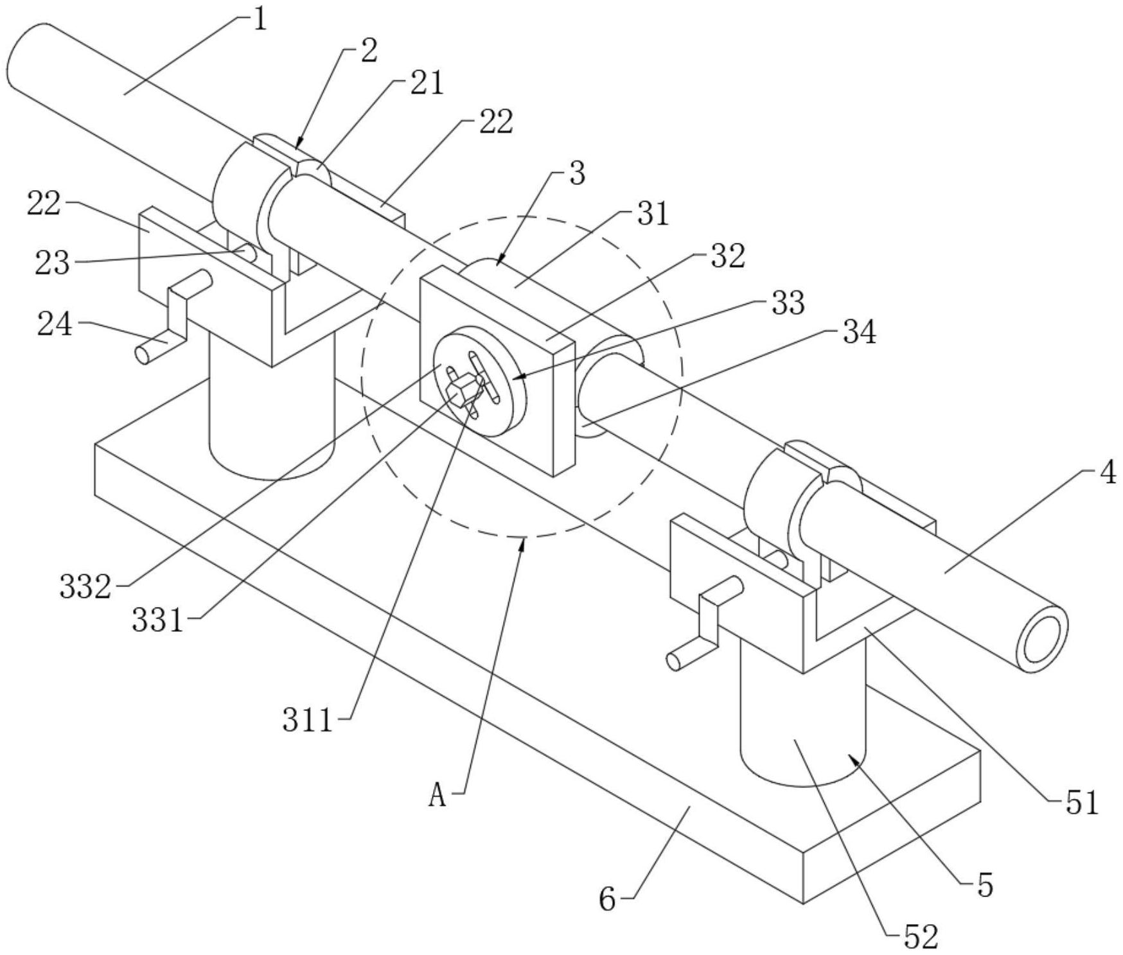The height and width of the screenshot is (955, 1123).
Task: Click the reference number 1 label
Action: (x=260, y=19)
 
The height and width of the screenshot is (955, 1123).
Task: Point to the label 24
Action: (x=55, y=325)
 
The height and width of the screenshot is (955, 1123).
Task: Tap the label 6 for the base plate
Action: (x=607, y=900)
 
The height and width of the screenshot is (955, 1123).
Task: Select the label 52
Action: (x=921, y=937)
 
